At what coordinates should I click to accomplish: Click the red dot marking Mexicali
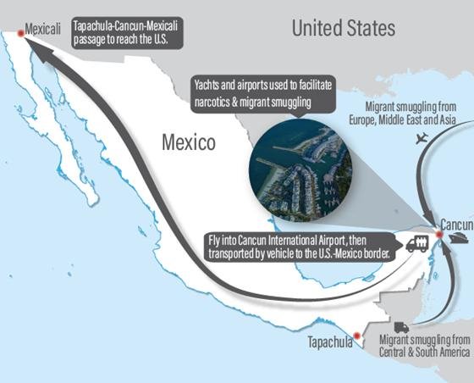pos(19,31)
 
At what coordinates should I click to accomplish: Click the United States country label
pos(343,28)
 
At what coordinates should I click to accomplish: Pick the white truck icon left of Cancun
pos(416,244)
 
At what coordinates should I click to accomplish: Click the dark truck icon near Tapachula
pos(401,328)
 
